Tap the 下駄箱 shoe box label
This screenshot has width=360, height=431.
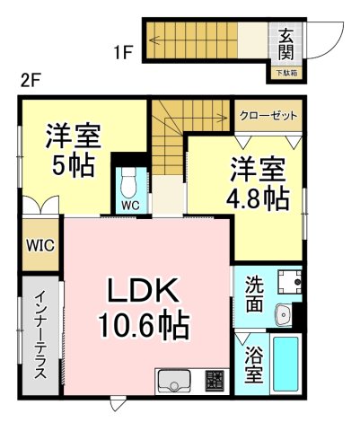coord(285,72)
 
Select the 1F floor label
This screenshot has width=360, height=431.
coord(123,51)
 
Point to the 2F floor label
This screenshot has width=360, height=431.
coord(31,79)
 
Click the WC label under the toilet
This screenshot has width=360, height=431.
coord(130,204)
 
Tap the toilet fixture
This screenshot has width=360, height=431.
coord(130,183)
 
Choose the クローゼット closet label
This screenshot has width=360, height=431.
coord(268,116)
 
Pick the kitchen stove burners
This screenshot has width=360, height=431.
coord(215,382)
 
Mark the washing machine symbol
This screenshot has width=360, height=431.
coord(289,282)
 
